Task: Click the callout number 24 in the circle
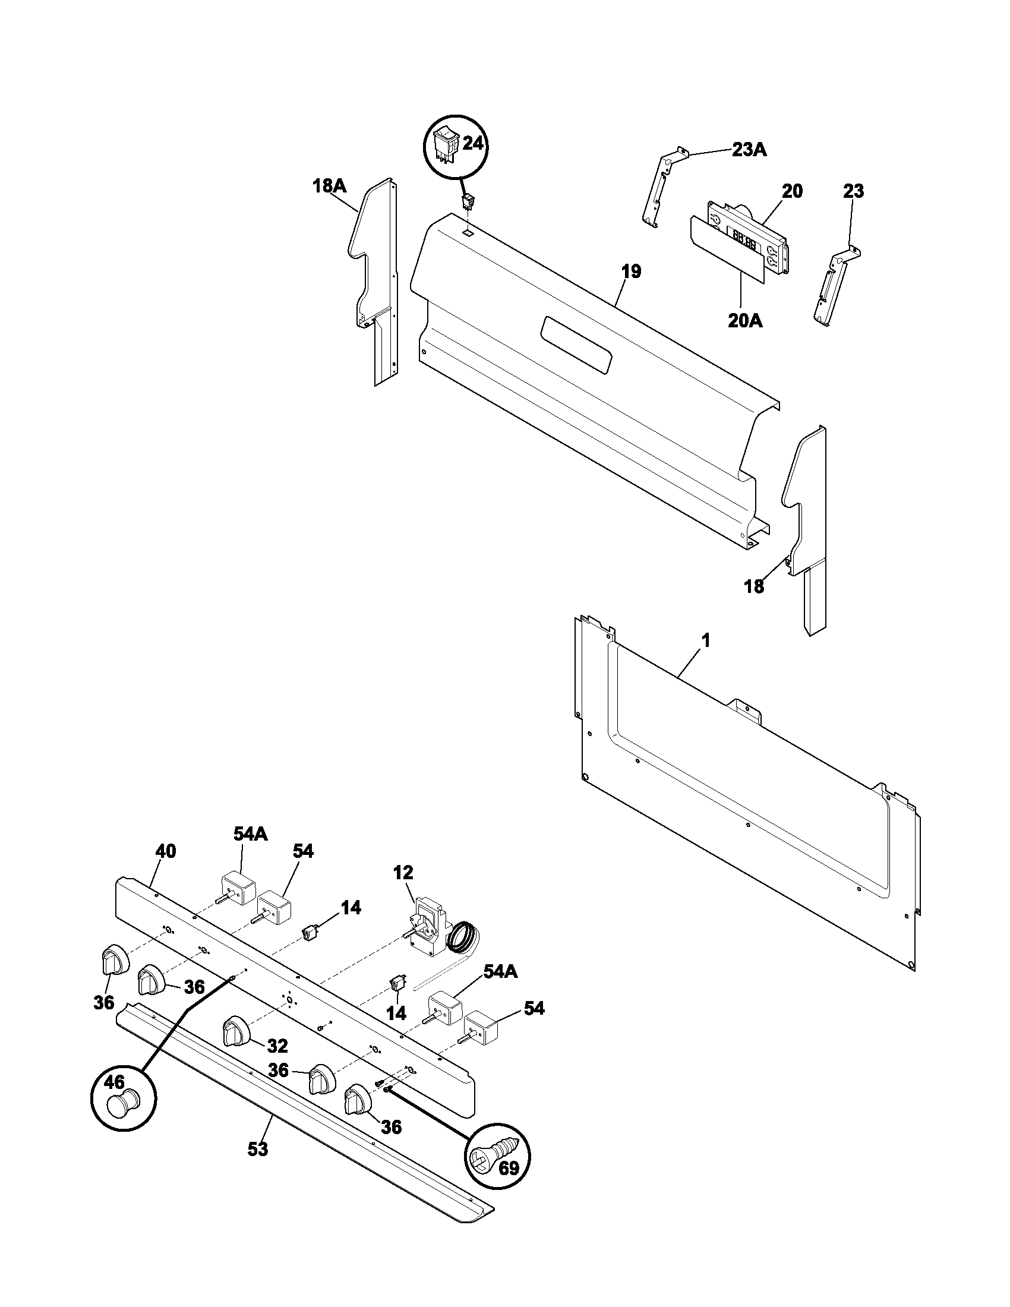click(474, 145)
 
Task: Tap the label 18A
click(329, 186)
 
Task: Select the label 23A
click(749, 150)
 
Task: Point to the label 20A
click(745, 321)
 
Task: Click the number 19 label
click(630, 271)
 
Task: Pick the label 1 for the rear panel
click(705, 641)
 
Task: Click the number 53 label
click(258, 1150)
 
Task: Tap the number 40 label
click(166, 851)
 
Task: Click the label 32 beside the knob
click(277, 1046)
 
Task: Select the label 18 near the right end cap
click(754, 586)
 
